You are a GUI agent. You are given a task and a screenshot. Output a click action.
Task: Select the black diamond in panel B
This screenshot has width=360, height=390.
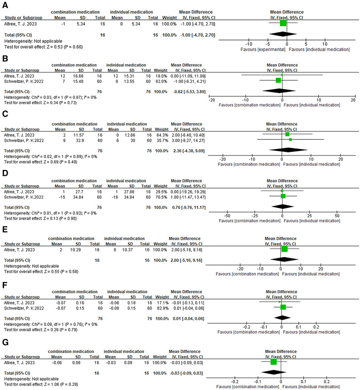[x=279, y=90]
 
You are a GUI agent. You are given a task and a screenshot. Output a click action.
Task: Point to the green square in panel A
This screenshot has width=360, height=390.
[x=283, y=23]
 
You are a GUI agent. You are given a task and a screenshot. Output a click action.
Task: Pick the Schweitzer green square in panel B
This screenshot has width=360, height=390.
[x=279, y=80]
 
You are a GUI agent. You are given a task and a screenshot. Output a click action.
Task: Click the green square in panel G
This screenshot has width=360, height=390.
[x=273, y=362]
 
